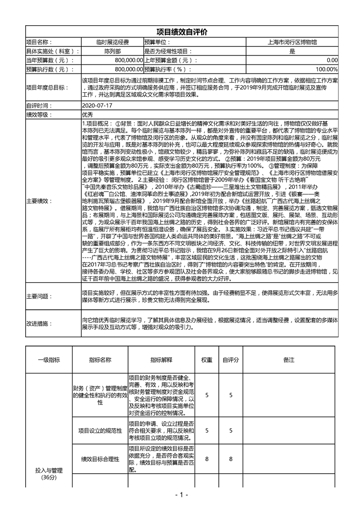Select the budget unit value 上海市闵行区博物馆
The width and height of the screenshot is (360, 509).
pyautogui.click(x=292, y=42)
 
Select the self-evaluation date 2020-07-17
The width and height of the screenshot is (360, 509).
pyautogui.click(x=97, y=106)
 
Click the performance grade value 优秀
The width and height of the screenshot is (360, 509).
pyautogui.click(x=88, y=114)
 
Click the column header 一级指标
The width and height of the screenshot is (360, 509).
pyautogui.click(x=49, y=360)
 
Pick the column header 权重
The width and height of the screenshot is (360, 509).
pyautogui.click(x=207, y=360)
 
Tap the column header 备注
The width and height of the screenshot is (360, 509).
pyautogui.click(x=288, y=360)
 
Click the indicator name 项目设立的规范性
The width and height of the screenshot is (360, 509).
pyautogui.click(x=100, y=430)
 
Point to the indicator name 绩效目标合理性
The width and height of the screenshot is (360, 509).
pyautogui.click(x=100, y=459)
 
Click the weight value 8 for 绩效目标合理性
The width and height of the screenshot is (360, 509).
pyautogui.click(x=207, y=459)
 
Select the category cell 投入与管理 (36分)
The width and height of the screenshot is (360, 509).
pyautogui.click(x=49, y=473)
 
